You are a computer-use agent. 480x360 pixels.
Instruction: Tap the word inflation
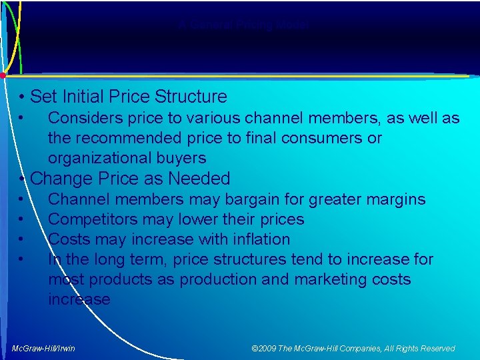(259, 239)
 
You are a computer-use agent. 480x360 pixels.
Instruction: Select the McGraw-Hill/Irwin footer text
(43, 349)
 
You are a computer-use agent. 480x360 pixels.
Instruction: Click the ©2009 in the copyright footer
(265, 349)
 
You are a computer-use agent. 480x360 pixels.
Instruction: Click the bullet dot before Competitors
(22, 219)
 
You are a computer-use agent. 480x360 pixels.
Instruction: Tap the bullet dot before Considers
(22, 118)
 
